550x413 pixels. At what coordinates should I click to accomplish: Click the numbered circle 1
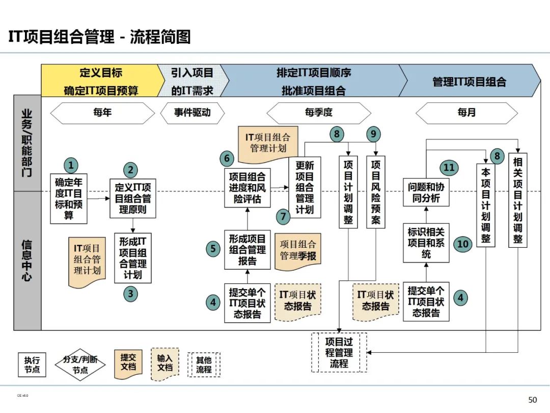[x=71, y=165]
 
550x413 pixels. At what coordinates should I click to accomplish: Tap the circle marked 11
[x=448, y=168]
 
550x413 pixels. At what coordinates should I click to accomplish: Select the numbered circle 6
[x=227, y=159]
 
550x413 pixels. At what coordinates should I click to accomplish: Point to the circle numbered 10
[x=462, y=244]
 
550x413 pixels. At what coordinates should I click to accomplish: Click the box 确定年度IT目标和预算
[x=69, y=199]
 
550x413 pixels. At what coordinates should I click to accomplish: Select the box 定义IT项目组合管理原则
[x=133, y=198]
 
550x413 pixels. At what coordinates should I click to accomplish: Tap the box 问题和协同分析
[x=426, y=192]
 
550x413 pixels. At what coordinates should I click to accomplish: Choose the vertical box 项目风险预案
[x=376, y=192]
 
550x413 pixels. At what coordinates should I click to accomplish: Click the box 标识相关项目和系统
[x=426, y=243]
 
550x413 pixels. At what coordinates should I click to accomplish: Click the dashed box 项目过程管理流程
[x=339, y=352]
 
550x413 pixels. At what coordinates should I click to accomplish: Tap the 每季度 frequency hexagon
[x=319, y=113]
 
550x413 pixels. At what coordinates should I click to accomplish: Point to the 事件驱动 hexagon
[x=193, y=113]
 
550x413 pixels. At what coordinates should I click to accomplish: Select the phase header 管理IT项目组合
[x=469, y=82]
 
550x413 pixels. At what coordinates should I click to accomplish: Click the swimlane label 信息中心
[x=27, y=260]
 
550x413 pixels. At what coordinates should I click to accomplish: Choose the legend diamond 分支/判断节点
[x=80, y=364]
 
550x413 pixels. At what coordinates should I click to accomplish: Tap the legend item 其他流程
[x=204, y=364]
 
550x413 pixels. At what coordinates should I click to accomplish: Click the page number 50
[x=533, y=400]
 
